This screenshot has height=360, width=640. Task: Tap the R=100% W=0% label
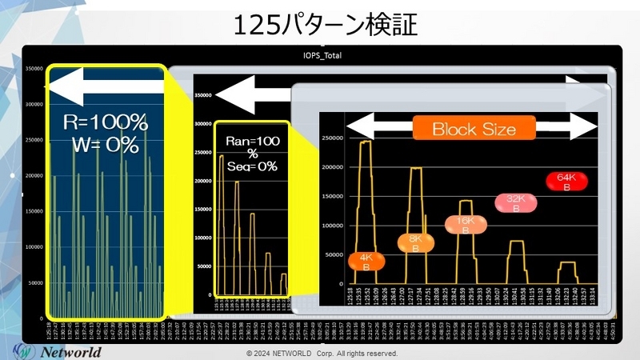pos(106,134)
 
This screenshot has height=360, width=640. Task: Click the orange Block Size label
pos(474,128)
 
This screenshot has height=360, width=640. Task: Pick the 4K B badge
pos(366,262)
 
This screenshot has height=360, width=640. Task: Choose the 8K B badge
pos(415,242)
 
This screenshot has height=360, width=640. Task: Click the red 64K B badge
pos(566,182)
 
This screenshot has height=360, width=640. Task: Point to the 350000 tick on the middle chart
pos(203,95)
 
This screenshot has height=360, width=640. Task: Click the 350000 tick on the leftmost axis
pos(33,70)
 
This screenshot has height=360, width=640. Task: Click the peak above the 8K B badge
pos(416,169)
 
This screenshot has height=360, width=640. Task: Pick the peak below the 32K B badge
pos(516,242)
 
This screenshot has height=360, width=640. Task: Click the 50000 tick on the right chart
pos(333,256)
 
